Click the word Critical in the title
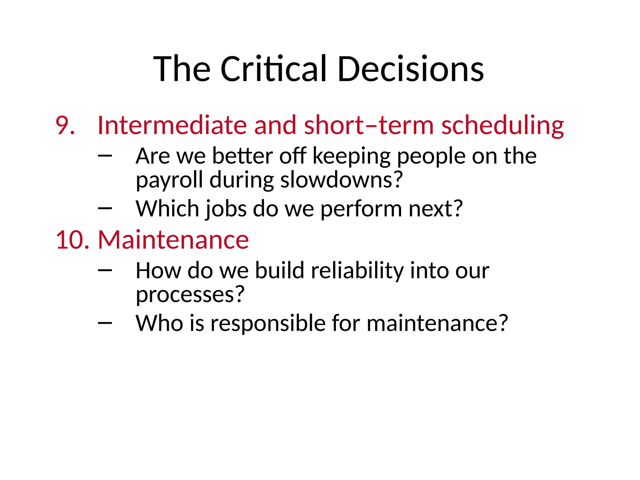coord(273,69)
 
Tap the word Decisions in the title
coord(410,69)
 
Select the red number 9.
coord(65,126)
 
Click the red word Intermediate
coord(172,126)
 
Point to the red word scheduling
coord(502,126)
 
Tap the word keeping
coord(351,156)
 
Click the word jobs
coord(225,209)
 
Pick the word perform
coord(361,209)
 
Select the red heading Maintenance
coord(173,240)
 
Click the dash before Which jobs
coord(105,208)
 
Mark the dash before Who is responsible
coord(105,322)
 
